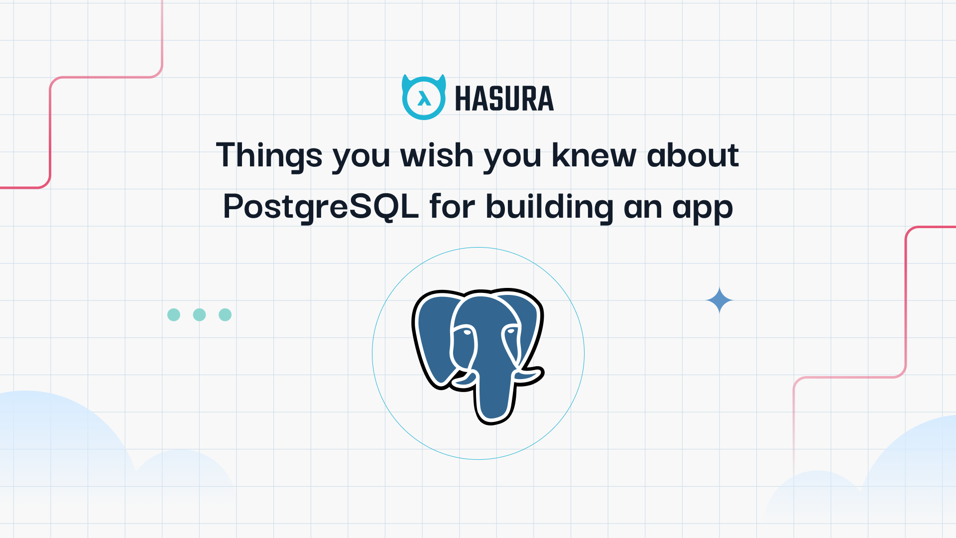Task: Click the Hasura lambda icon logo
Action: (x=424, y=98)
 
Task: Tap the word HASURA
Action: (x=504, y=99)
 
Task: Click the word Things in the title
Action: (x=269, y=155)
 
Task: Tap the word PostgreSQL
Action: (x=321, y=207)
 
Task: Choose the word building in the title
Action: (x=550, y=207)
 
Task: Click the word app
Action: (x=703, y=209)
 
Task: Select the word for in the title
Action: (x=452, y=206)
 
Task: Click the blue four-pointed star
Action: (x=719, y=300)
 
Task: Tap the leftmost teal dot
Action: (x=174, y=315)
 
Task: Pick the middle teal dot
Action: (x=199, y=315)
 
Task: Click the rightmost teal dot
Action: (x=225, y=315)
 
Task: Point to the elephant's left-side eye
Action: (x=467, y=332)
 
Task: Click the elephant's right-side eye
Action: (x=511, y=331)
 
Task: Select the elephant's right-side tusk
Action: (x=529, y=376)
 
